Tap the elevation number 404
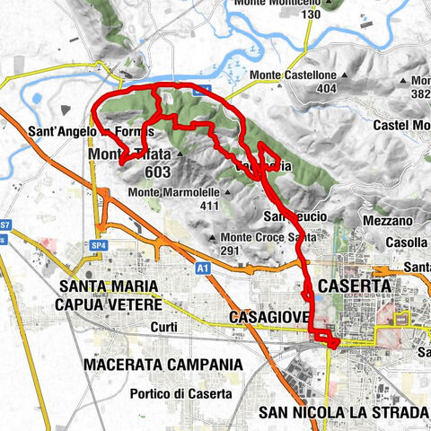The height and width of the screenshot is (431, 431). (x=326, y=90)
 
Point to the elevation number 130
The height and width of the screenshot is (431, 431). (x=312, y=15)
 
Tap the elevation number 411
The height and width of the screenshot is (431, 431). (x=209, y=206)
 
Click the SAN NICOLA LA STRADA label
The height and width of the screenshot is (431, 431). (x=339, y=412)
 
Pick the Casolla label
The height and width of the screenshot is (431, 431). (x=409, y=242)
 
